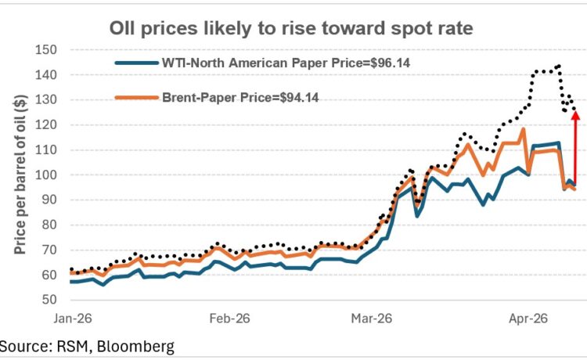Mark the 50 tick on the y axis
[x=51, y=301]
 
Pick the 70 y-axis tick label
[x=51, y=250]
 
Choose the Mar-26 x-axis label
[x=372, y=319]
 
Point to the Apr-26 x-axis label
[x=529, y=319]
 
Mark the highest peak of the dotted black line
[x=558, y=66]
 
